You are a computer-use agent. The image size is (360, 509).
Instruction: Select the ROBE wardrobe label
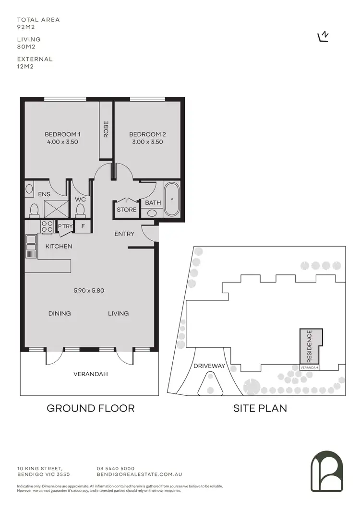pyautogui.click(x=106, y=130)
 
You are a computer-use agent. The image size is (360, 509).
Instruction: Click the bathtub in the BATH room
pyautogui.click(x=171, y=199)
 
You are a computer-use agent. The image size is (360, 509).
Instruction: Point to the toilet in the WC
pyautogui.click(x=80, y=209)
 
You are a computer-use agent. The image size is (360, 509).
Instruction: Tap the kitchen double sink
pyautogui.click(x=31, y=243)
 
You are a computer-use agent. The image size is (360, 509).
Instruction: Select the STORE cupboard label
pyautogui.click(x=127, y=210)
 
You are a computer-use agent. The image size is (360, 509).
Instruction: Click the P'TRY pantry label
pyautogui.click(x=65, y=226)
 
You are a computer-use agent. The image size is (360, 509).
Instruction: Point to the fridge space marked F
pyautogui.click(x=83, y=226)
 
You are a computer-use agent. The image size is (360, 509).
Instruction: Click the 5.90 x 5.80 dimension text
pyautogui.click(x=89, y=290)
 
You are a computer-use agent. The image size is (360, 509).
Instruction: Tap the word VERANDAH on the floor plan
pyautogui.click(x=89, y=374)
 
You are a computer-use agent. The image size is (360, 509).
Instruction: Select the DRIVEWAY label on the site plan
pyautogui.click(x=209, y=366)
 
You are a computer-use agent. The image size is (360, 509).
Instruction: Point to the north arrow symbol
pyautogui.click(x=324, y=37)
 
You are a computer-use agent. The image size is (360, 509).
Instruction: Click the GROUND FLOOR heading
pyautogui.click(x=90, y=409)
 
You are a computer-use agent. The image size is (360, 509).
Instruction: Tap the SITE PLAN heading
pyautogui.click(x=260, y=409)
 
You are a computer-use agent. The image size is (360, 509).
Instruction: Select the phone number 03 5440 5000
pyautogui.click(x=116, y=469)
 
